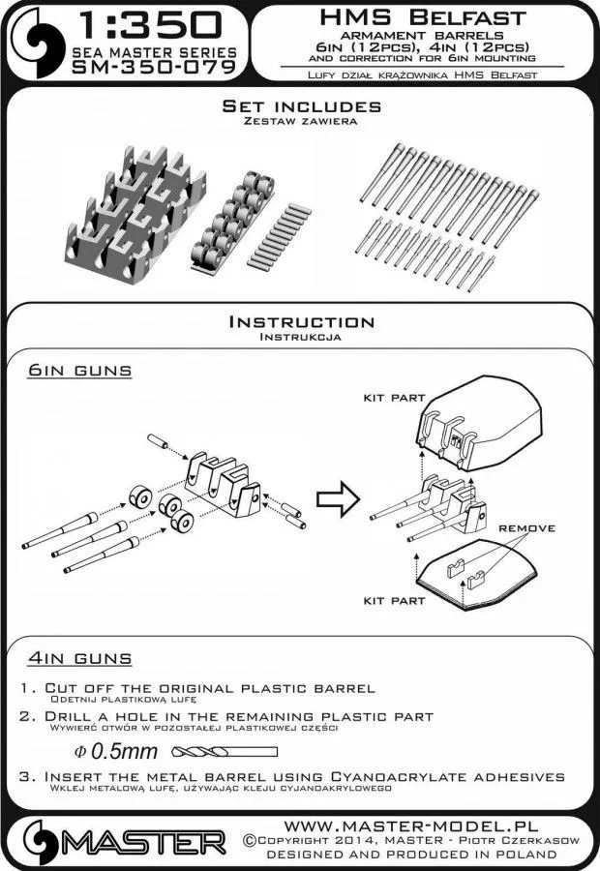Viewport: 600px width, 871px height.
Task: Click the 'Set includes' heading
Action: [301, 105]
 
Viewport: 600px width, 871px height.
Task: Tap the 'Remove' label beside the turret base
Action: [527, 528]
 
